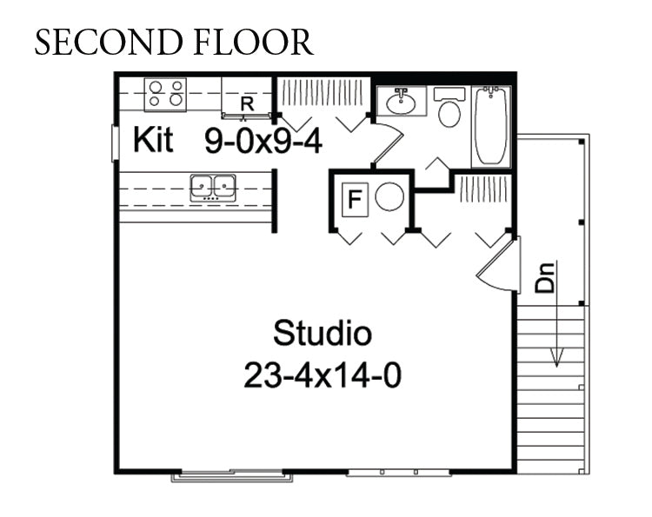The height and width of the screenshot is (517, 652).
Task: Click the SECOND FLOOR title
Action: [x=174, y=42]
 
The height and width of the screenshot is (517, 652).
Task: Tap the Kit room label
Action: [x=153, y=140]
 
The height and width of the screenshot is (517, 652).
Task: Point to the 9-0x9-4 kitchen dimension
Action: [x=263, y=141]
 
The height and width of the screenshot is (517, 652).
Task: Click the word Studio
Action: [x=323, y=333]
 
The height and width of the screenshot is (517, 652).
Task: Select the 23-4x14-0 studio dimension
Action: [x=323, y=375]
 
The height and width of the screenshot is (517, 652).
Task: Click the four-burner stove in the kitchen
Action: [x=165, y=95]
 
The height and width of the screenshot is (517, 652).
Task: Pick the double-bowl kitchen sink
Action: [x=213, y=188]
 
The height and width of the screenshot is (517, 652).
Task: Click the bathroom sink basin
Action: [x=401, y=103]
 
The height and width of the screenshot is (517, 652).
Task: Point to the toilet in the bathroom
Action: [x=449, y=107]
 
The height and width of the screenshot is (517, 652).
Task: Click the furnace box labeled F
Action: [x=355, y=199]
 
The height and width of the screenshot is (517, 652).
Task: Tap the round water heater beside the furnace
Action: [x=389, y=196]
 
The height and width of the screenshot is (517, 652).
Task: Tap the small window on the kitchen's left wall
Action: [x=115, y=143]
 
